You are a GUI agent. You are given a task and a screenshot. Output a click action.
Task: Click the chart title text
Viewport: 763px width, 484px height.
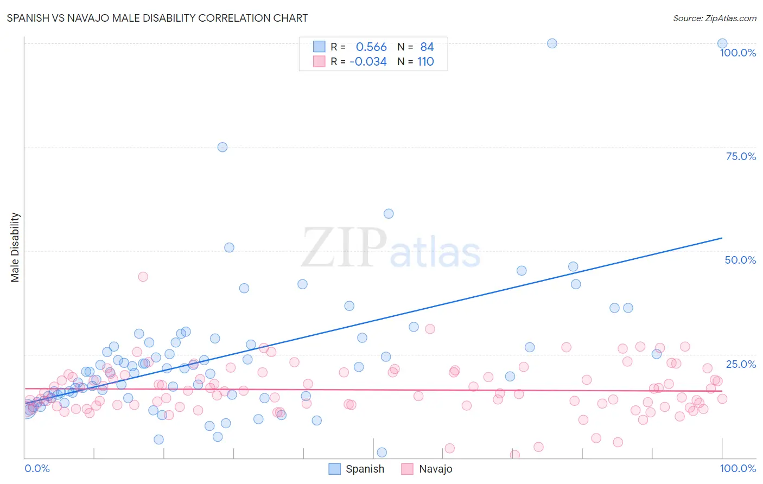[x=157, y=18]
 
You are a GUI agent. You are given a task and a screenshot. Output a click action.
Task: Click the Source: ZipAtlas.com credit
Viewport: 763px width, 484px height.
[x=714, y=18]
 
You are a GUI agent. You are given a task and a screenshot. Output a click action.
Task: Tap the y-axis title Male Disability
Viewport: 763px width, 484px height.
[x=15, y=247]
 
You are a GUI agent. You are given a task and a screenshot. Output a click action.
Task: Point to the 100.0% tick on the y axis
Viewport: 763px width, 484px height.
[x=737, y=53]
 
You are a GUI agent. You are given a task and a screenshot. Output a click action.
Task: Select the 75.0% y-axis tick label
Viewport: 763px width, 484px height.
[x=741, y=156]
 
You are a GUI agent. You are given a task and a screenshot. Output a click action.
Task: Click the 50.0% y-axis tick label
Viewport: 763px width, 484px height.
[x=740, y=260]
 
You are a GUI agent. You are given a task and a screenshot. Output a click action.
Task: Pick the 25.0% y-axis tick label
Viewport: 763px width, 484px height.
[x=741, y=364]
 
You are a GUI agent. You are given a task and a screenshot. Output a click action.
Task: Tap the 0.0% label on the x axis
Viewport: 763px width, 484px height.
[x=37, y=468]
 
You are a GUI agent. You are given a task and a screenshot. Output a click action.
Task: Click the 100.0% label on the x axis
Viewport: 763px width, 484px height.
[x=737, y=468]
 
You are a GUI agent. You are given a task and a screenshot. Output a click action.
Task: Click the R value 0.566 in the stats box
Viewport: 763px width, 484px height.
[x=371, y=47]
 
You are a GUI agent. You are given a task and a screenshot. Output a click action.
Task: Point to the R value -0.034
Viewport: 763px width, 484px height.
[x=368, y=62]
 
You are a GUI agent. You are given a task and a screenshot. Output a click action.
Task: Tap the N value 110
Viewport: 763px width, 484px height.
[x=425, y=62]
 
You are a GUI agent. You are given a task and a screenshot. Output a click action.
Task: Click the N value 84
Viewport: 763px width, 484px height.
[x=427, y=47]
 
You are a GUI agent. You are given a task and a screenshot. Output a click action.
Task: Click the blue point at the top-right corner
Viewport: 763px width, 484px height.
[x=722, y=43]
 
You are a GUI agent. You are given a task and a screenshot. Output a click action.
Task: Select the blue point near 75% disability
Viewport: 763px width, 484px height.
[x=222, y=147]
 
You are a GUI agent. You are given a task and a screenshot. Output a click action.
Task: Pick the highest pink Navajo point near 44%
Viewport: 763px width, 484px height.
[x=143, y=277]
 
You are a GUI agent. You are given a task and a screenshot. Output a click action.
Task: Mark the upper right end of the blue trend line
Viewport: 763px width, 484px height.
[x=722, y=238]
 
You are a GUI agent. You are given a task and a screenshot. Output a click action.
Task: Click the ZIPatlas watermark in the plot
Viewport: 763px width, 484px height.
[x=391, y=248]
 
